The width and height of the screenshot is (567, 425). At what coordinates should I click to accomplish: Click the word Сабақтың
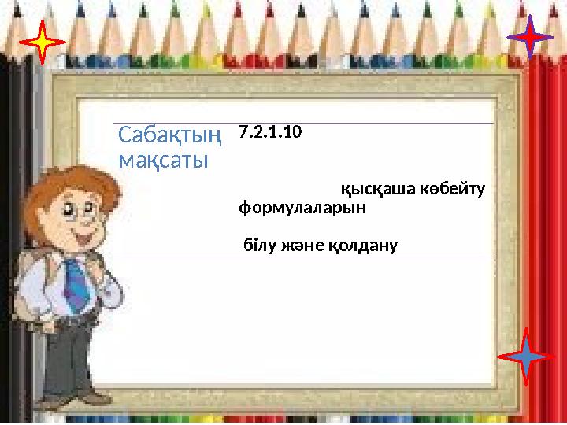(169, 136)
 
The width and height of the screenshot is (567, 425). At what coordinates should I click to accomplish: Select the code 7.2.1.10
(269, 131)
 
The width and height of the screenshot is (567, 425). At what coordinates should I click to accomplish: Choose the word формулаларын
(302, 209)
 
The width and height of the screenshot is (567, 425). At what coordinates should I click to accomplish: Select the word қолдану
(362, 246)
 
